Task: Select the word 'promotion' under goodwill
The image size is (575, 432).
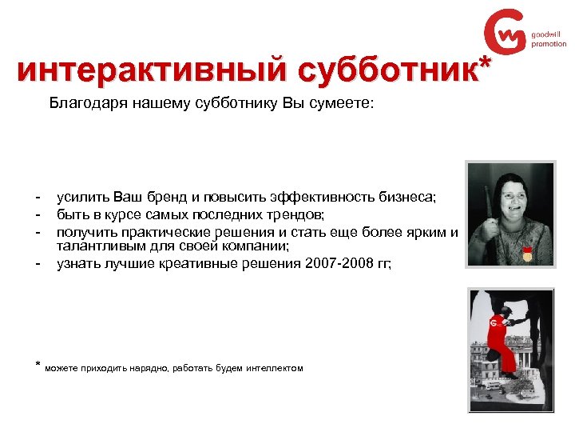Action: coord(549,44)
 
